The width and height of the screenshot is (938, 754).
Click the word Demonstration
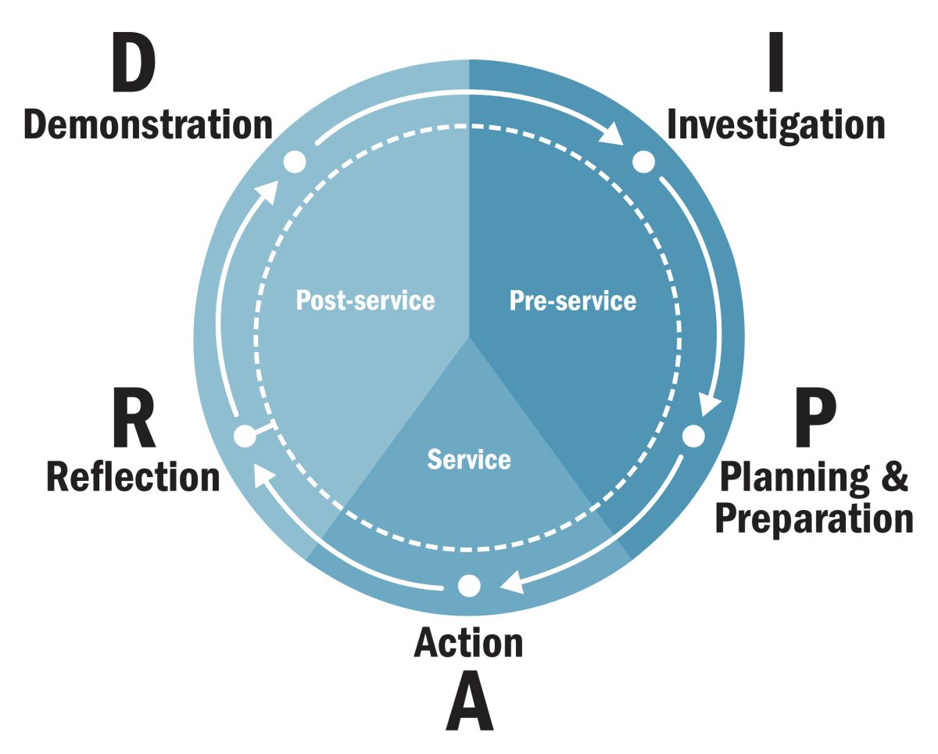point(149,125)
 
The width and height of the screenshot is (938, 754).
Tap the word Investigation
point(775,125)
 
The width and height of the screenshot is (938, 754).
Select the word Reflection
point(133,476)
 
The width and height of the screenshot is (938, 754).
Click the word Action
point(468,642)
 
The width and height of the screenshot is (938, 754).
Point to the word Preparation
point(814,518)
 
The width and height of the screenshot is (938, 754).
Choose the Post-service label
point(365,300)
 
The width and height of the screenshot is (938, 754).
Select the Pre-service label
point(573,300)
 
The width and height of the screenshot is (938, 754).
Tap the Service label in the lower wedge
point(469,459)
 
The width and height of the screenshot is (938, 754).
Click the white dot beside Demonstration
point(294,162)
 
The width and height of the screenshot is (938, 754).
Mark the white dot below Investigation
point(643,162)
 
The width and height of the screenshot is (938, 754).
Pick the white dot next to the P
point(693,435)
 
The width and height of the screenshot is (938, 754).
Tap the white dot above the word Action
point(469,585)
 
